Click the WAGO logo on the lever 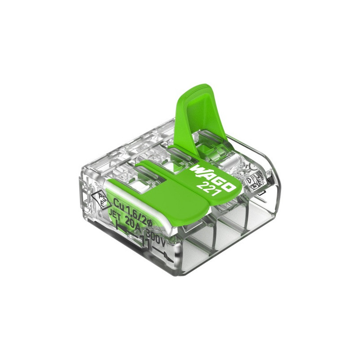click(214, 178)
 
